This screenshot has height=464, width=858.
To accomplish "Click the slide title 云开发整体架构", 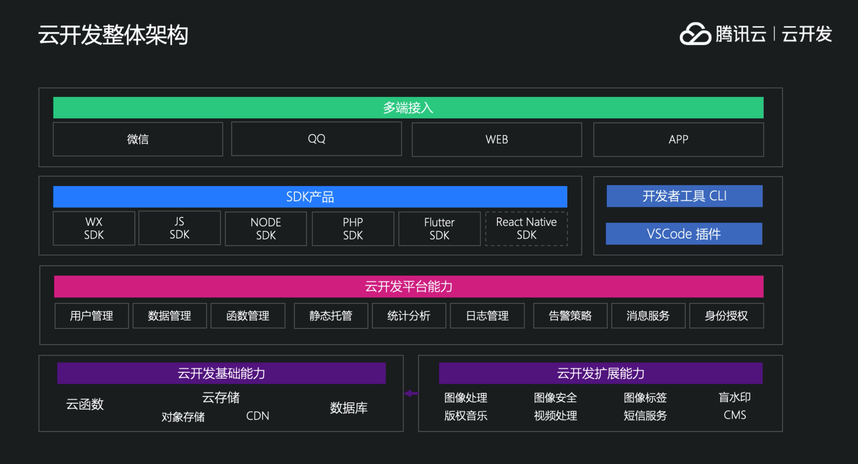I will click(x=113, y=35).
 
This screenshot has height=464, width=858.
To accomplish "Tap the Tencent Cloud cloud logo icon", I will click(x=695, y=34).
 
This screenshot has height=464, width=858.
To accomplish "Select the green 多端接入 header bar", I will click(x=408, y=108).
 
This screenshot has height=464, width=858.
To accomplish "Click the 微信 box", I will click(x=137, y=139).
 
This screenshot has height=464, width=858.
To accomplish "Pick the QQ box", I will click(x=316, y=139).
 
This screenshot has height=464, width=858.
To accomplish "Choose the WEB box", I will click(x=496, y=140).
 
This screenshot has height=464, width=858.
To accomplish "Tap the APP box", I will click(x=678, y=140).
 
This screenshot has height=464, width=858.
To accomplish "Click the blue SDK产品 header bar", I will click(x=310, y=197).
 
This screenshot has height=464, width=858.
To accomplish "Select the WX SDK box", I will click(x=94, y=228).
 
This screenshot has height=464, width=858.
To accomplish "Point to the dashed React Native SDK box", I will click(x=526, y=229).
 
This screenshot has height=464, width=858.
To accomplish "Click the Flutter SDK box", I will click(x=439, y=229).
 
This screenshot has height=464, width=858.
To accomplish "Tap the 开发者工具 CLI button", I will click(x=684, y=196).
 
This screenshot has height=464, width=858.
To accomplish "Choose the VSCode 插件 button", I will click(x=684, y=234).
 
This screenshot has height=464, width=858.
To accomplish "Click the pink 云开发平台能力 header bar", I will click(x=408, y=286).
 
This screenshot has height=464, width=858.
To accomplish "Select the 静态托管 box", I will click(x=331, y=316).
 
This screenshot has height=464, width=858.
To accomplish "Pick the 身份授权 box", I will click(x=726, y=316).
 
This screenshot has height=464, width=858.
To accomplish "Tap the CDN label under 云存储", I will click(x=257, y=416).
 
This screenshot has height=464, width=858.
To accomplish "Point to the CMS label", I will click(x=735, y=415).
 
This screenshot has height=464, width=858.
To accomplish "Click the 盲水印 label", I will click(x=735, y=397).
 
